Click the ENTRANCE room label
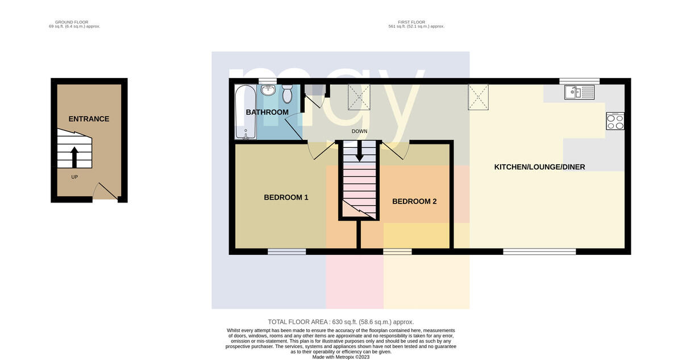click(89, 119)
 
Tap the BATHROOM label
click(267, 112)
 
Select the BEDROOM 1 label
click(286, 197)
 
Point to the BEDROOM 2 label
click(414, 201)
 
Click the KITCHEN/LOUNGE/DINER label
click(539, 167)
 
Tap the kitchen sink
click(579, 92)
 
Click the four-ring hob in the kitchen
click(615, 121)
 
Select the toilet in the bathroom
click(287, 93)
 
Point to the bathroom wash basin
click(268, 90)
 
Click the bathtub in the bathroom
click(246, 112)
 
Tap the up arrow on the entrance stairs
click(74, 157)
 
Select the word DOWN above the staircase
click(359, 131)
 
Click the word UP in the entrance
click(74, 177)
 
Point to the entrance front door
click(105, 191)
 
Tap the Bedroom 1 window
click(287, 251)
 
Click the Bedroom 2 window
click(397, 251)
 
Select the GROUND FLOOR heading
click(72, 22)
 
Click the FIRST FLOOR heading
click(411, 22)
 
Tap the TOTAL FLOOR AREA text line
click(341, 322)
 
